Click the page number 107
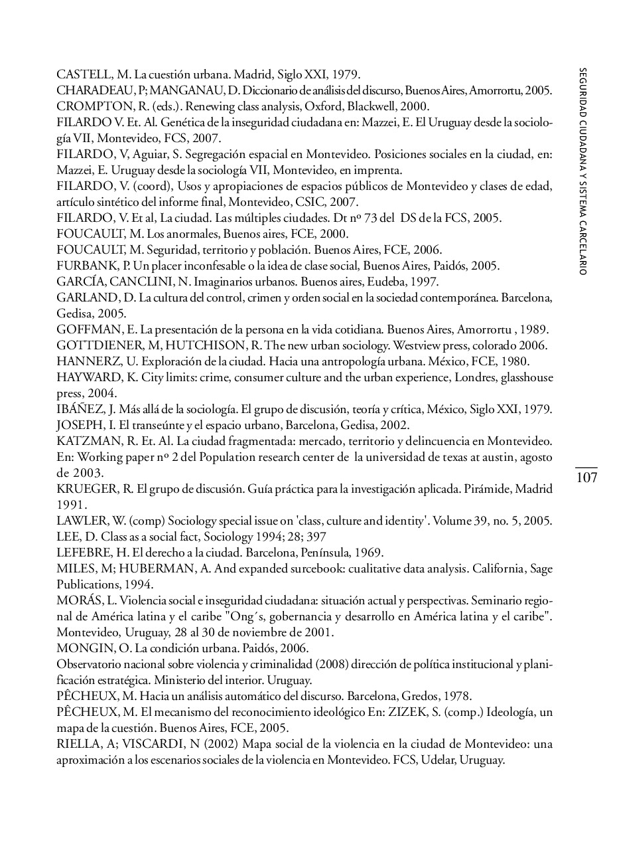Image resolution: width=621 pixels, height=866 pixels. point(586,478)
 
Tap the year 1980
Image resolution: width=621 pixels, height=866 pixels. point(514,361)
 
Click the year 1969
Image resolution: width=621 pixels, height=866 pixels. point(370,553)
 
